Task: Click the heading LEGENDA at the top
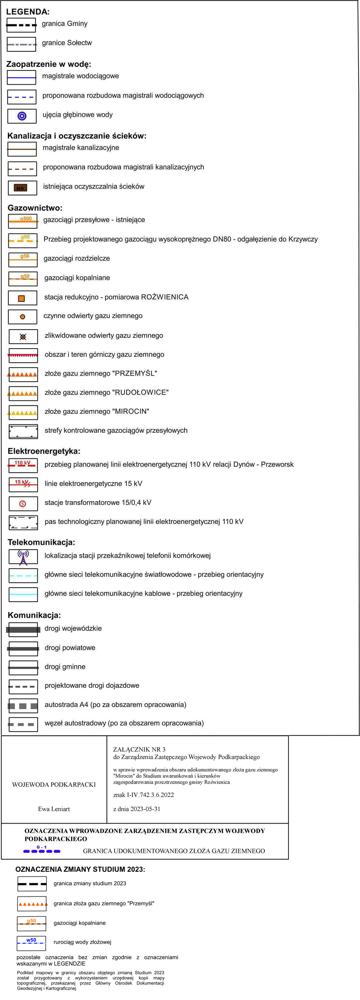coord(28,12)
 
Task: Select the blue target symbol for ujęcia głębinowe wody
coord(22,116)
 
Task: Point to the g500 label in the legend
coord(26,219)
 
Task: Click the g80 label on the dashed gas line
coord(25,237)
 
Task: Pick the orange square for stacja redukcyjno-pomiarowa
coord(22,298)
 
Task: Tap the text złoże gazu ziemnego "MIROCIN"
coord(97,411)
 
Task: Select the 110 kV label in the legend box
coord(22,463)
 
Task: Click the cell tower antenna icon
coord(23,557)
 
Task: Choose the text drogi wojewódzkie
coord(73,628)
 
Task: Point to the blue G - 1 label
coord(42,847)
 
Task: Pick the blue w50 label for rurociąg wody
coord(31,940)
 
